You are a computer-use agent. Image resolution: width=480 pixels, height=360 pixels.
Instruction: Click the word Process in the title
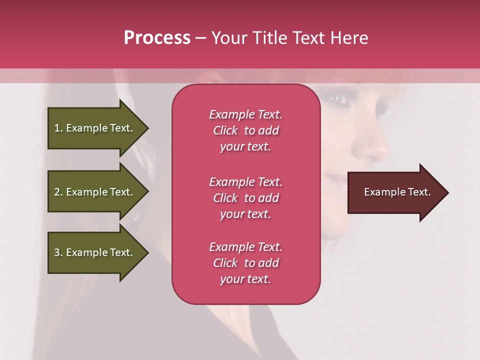pos(157,38)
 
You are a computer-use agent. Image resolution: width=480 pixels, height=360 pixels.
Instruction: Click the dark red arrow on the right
pos(395,192)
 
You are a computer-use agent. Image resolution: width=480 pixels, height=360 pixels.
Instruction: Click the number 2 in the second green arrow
pos(57,192)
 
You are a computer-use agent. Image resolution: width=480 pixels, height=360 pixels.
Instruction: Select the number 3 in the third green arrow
pos(57,252)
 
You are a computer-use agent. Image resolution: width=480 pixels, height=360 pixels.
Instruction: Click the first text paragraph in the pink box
pos(245,130)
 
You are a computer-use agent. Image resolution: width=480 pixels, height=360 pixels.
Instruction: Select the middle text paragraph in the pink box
pos(245,198)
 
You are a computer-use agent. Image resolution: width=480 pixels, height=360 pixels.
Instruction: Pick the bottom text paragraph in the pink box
pos(245,263)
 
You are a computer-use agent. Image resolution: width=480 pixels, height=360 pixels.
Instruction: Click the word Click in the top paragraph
pos(225,130)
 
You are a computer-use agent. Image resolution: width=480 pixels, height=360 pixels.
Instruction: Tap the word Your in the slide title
pos(228,38)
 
